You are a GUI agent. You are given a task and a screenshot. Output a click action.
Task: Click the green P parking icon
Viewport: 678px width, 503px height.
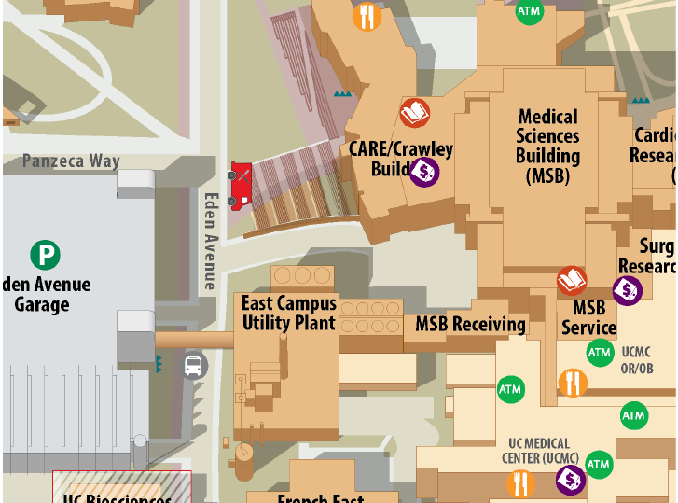pos(45,254)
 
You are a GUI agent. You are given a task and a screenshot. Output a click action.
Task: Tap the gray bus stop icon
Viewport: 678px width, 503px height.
pos(193,365)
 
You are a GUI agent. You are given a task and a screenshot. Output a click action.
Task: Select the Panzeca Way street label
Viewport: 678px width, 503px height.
pos(72,161)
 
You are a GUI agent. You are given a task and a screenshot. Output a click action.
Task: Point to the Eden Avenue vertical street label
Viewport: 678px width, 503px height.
pos(211,241)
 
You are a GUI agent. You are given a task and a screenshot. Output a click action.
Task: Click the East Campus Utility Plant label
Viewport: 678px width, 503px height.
pos(288,313)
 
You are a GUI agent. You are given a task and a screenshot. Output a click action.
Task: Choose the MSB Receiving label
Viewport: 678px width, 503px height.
pos(470,324)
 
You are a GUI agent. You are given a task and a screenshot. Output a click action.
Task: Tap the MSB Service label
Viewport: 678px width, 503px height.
pos(588,317)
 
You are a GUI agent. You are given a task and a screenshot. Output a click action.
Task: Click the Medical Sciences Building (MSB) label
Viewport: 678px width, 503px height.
pos(547,146)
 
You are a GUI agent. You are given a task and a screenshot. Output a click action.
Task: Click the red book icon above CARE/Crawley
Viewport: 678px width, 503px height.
pos(415,114)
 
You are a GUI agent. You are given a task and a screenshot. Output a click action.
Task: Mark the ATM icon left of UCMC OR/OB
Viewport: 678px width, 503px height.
pos(599,353)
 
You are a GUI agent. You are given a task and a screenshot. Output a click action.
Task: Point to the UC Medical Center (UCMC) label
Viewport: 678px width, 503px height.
pos(544,450)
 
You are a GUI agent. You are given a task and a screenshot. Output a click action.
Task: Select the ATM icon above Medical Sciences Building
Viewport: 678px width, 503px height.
pos(528,11)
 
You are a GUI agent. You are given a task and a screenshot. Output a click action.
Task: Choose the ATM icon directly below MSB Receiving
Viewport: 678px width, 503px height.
pos(510,388)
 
